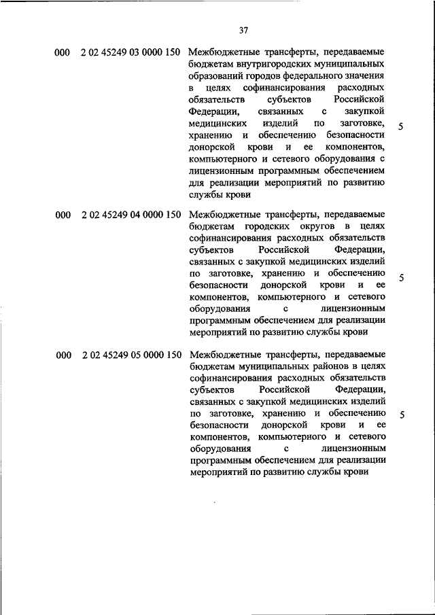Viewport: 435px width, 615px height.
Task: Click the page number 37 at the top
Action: click(245, 30)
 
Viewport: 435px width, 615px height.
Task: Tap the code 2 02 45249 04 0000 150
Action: click(130, 215)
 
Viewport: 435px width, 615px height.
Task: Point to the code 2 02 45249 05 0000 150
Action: click(130, 355)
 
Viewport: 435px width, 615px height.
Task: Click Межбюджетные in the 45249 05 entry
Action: click(222, 355)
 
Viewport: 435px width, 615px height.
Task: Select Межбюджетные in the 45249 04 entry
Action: click(222, 215)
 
